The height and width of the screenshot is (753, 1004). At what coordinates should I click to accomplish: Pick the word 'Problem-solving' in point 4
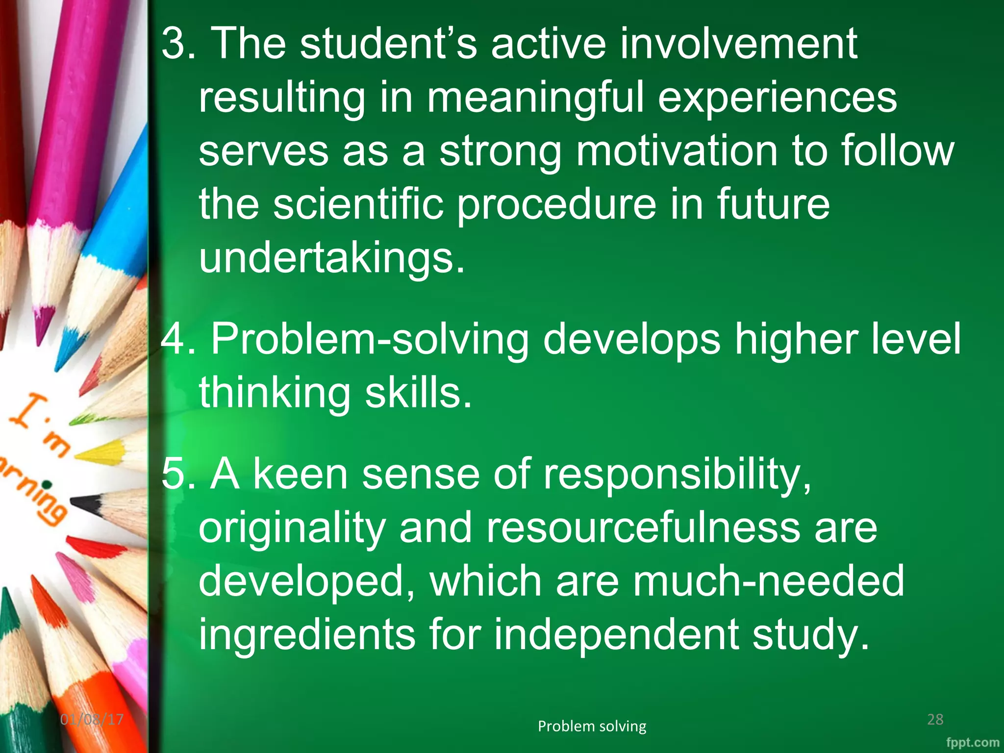tap(370, 340)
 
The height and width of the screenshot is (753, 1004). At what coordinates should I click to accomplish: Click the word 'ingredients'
tap(307, 634)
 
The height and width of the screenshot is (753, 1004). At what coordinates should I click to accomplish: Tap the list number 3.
tap(176, 44)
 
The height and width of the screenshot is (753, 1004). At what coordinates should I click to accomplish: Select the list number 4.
tap(176, 340)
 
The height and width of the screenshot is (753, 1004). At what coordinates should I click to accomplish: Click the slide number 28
tap(935, 719)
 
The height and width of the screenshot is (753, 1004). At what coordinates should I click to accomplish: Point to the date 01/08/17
tap(92, 720)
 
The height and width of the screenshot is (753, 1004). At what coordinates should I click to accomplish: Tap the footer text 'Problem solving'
tap(592, 726)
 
